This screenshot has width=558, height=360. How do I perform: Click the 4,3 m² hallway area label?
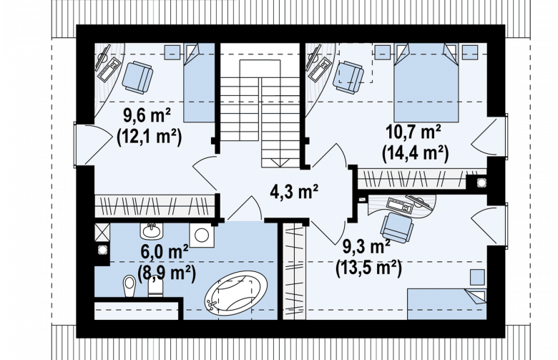pyautogui.click(x=294, y=193)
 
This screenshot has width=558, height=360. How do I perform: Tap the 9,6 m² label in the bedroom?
pyautogui.click(x=147, y=115)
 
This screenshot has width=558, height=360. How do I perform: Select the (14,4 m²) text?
pyautogui.click(x=416, y=154)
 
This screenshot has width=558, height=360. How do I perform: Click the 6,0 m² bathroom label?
pyautogui.click(x=165, y=251)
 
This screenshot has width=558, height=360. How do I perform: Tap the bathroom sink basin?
pyautogui.click(x=152, y=231)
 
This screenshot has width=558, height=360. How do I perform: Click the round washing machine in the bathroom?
pyautogui.click(x=202, y=235)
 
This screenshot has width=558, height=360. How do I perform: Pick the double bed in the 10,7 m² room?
pyautogui.click(x=426, y=82)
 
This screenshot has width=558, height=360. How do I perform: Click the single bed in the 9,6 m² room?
pyautogui.click(x=200, y=82)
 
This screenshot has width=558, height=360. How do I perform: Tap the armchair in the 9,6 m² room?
pyautogui.click(x=137, y=77)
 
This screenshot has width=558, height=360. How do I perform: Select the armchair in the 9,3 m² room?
pyautogui.click(x=397, y=228)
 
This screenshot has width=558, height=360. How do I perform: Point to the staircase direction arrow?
pyautogui.click(x=280, y=162)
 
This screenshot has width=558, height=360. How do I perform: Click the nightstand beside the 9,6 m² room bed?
pyautogui.click(x=172, y=52)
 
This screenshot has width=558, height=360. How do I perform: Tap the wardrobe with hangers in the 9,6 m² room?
pyautogui.click(x=155, y=205)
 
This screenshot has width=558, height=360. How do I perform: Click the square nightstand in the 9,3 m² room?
pyautogui.click(x=477, y=277)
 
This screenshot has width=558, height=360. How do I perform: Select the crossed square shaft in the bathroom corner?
pyautogui.click(x=102, y=233)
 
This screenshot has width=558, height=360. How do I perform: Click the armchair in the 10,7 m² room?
pyautogui.click(x=348, y=77)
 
